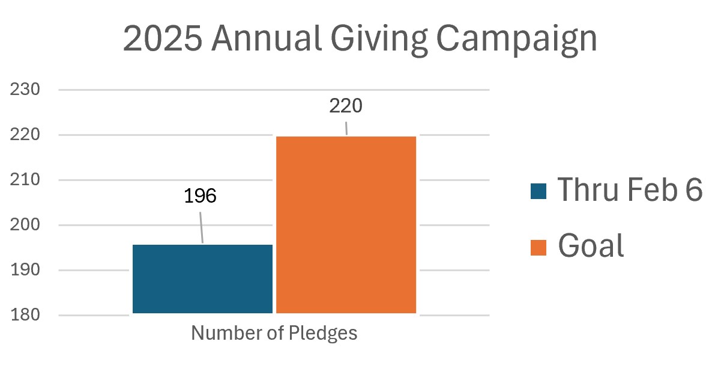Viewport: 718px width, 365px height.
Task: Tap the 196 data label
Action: [x=200, y=197]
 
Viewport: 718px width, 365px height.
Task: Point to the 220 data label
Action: [x=346, y=106]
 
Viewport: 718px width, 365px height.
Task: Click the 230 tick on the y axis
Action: [x=25, y=90]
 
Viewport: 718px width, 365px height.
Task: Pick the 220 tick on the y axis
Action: [x=25, y=135]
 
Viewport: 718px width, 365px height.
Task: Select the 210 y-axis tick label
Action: [x=25, y=180]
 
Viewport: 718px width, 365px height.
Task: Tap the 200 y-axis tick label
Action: [x=25, y=225]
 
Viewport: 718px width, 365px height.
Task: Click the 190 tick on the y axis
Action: [x=25, y=270]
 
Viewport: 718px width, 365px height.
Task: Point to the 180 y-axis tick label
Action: [x=25, y=315]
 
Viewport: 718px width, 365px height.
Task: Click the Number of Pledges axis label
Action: [x=274, y=333]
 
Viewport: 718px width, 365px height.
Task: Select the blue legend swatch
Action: [x=538, y=191]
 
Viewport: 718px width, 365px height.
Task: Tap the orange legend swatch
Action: [x=538, y=247]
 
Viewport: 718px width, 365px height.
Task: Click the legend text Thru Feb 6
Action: [x=630, y=190]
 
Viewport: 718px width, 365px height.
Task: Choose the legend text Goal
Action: [x=591, y=245]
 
